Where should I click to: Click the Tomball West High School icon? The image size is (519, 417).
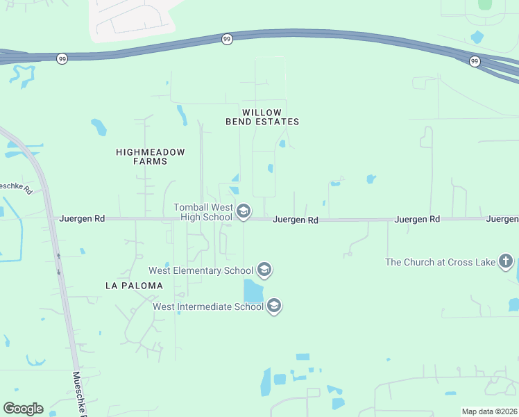tap(243, 211)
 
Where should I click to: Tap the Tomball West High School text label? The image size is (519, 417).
tap(203, 212)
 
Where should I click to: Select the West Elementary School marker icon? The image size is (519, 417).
tap(264, 269)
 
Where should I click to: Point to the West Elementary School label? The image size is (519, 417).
tap(202, 270)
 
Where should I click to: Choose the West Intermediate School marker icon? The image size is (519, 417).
tap(273, 306)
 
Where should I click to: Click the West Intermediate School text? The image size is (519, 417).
tap(208, 306)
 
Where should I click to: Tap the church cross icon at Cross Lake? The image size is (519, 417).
tap(507, 261)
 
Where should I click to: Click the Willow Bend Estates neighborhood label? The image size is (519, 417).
tap(262, 117)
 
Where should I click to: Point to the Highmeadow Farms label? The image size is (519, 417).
tap(142, 156)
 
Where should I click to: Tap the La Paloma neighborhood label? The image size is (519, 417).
tap(134, 286)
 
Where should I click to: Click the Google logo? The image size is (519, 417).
tap(23, 409)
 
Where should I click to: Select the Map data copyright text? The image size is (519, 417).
tap(490, 411)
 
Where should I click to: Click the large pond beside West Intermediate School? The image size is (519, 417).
tap(253, 291)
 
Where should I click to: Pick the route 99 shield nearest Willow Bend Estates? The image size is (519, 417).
tap(227, 40)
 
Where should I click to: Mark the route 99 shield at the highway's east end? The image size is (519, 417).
tap(475, 61)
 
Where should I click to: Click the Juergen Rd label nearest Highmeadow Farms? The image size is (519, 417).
tap(83, 218)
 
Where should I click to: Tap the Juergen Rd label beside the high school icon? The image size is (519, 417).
tap(296, 220)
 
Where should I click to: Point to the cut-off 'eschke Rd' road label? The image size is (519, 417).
tap(16, 187)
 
